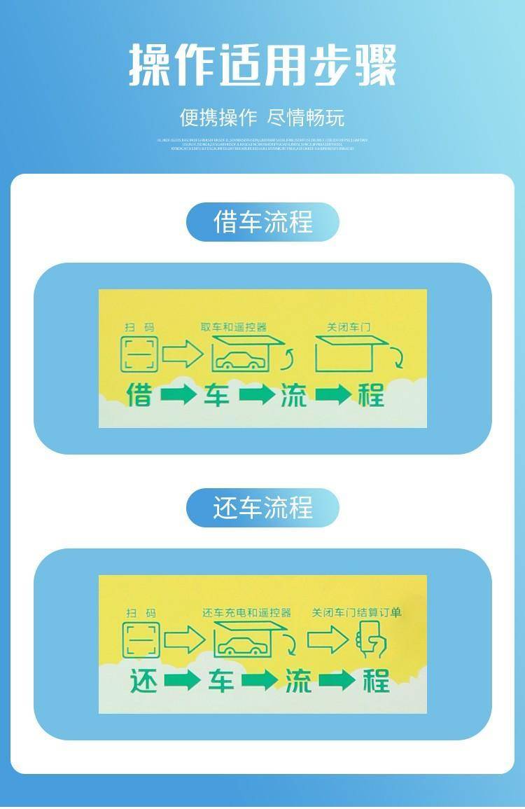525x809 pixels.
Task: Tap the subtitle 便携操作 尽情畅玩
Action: tap(262, 117)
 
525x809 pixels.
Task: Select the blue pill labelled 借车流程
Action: tap(262, 222)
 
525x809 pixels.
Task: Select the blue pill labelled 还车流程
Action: tap(262, 508)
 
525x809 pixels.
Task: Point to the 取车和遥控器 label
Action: tap(234, 327)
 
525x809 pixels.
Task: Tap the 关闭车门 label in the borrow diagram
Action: tap(346, 327)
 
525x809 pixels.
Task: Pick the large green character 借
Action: tap(139, 395)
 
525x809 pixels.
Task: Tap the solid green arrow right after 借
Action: tap(178, 395)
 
